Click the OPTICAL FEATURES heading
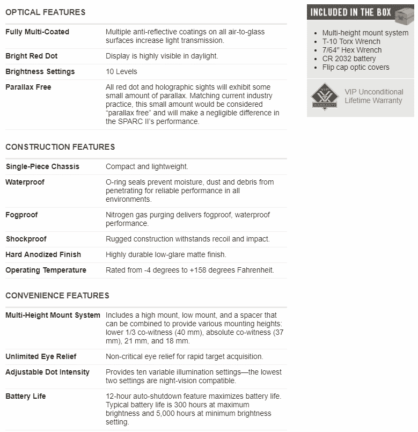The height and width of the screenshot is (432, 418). pos(45,12)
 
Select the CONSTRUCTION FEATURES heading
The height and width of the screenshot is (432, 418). pos(60,147)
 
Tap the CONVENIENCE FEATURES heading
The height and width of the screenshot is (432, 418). pos(57,296)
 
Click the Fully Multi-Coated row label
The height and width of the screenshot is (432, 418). pos(38,32)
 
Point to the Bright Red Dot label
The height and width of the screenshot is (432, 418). pos(32,56)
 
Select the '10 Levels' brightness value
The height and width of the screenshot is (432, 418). pos(121,71)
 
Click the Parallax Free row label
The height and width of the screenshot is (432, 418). pos(28,87)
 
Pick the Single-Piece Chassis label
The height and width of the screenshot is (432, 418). pos(42,166)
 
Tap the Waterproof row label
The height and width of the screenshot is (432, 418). pos(25,182)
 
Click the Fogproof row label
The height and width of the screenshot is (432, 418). pos(21,215)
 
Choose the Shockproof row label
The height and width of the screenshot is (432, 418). pos(26,239)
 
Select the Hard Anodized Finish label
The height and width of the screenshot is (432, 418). pos(43,254)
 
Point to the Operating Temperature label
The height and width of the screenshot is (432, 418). pos(46,270)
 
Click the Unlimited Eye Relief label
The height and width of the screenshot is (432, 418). pos(41,356)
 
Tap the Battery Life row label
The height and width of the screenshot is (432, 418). pos(26,396)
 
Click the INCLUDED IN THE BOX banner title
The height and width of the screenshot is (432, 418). pos(351,12)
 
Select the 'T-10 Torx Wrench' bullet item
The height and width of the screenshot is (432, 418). pos(351,41)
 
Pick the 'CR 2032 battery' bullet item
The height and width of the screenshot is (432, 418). pos(349,58)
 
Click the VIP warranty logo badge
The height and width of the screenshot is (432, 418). pos(325,97)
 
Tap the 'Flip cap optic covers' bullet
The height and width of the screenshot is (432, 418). pos(356,67)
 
